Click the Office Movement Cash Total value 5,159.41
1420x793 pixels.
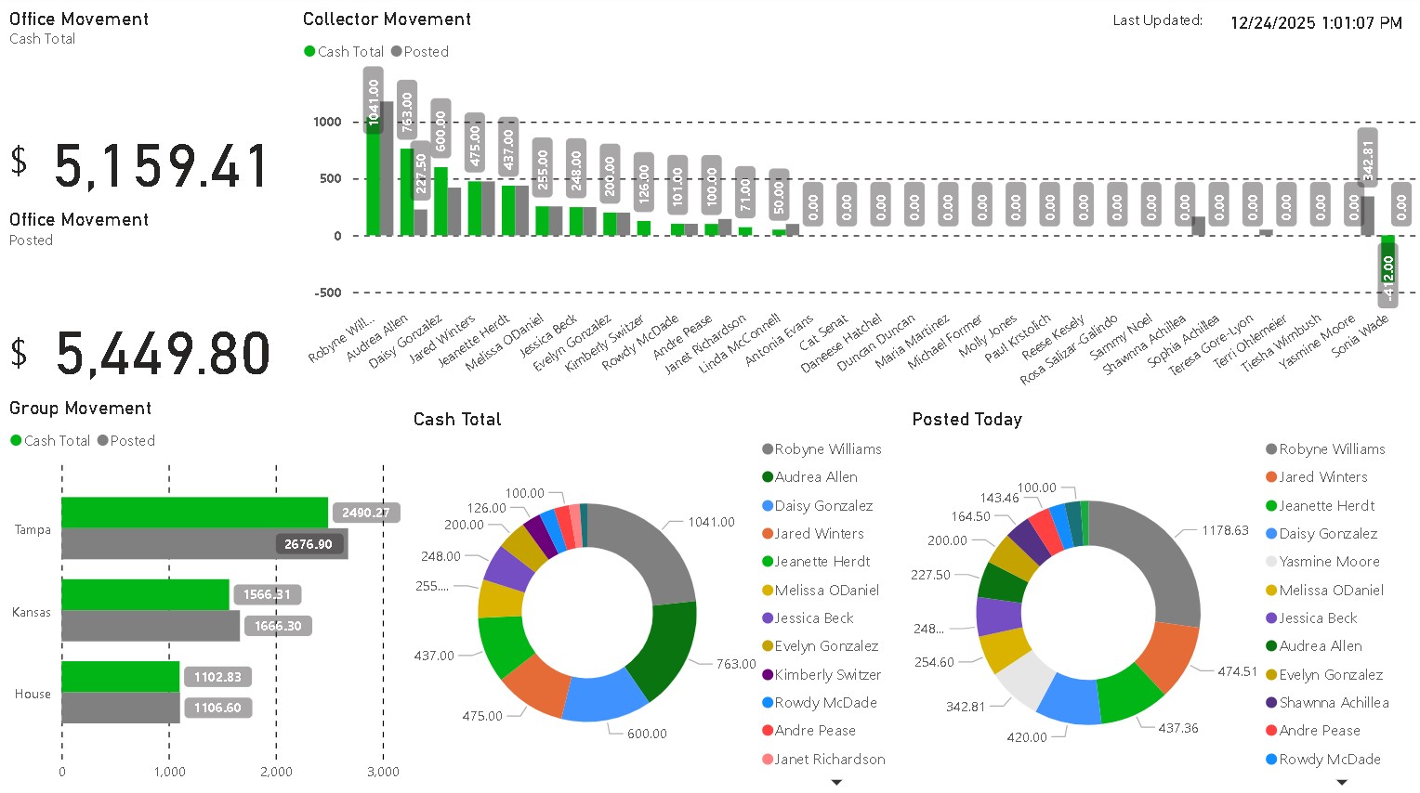(x=162, y=167)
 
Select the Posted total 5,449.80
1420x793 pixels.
(x=164, y=355)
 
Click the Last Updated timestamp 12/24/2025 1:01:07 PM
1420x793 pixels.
(x=1315, y=23)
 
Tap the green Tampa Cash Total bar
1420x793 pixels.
(x=194, y=513)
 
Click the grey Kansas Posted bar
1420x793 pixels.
(x=151, y=626)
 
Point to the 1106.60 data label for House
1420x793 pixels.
(x=217, y=708)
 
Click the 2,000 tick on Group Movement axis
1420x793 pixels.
(x=276, y=772)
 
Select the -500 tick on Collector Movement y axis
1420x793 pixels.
(x=328, y=292)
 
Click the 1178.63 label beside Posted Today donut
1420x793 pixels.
(x=1225, y=530)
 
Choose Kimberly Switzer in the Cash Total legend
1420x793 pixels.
(x=827, y=675)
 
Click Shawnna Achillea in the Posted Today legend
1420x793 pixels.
(x=1334, y=703)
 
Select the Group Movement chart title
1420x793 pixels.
(x=80, y=409)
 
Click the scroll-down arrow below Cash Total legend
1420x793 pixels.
(x=836, y=783)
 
